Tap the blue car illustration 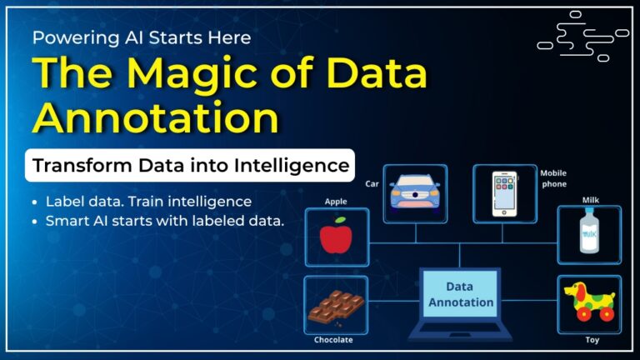click(x=415, y=193)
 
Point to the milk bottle click(x=589, y=234)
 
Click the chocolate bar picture click(x=334, y=306)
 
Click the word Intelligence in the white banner click(x=295, y=165)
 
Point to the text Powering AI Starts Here click(x=142, y=37)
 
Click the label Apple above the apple click(x=335, y=202)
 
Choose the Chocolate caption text click(x=333, y=339)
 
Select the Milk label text click(x=590, y=200)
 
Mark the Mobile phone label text click(x=552, y=179)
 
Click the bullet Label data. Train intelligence click(x=148, y=202)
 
